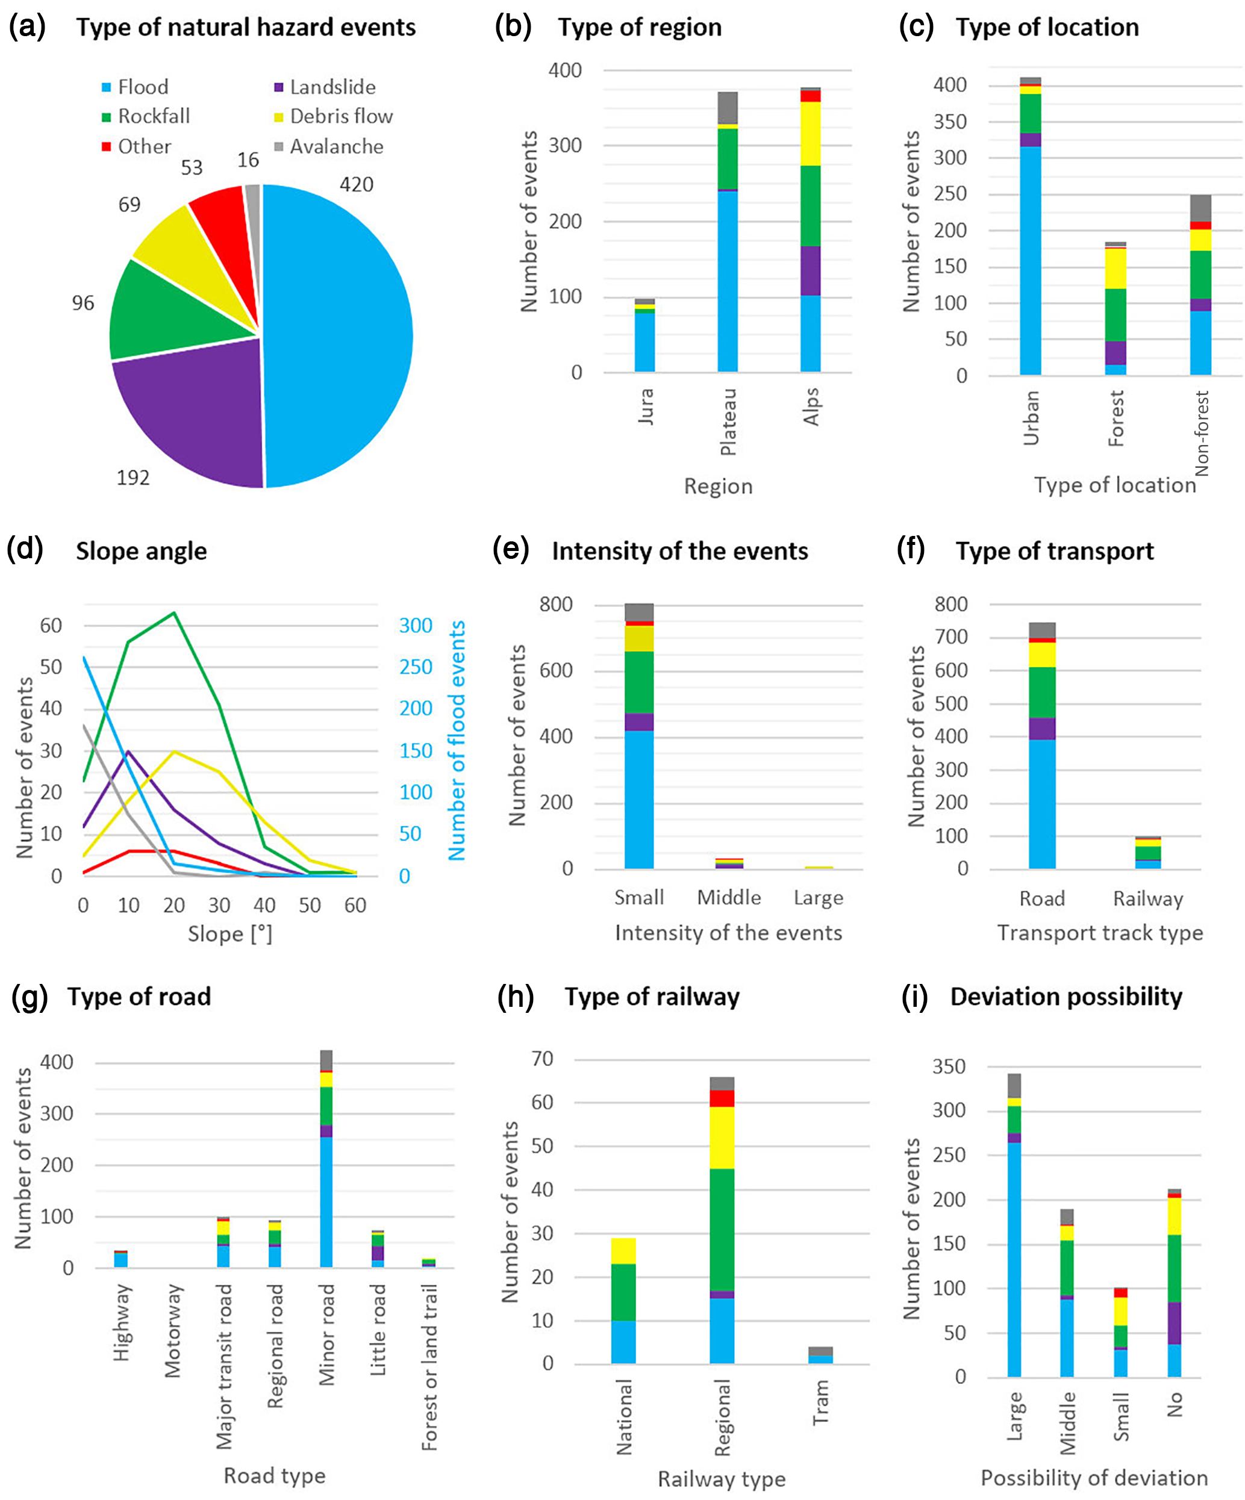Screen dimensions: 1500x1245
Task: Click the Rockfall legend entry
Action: coord(146,116)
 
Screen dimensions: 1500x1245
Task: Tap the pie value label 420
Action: coord(356,185)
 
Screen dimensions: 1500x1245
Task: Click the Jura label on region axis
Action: coord(645,406)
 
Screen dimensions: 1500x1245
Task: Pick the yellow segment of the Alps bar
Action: coord(810,134)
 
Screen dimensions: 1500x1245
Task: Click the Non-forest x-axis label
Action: coord(1202,433)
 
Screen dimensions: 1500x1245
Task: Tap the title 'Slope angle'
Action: coord(141,552)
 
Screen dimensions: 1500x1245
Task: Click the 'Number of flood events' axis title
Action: coord(457,740)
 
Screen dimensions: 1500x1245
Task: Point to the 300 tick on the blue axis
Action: coord(416,626)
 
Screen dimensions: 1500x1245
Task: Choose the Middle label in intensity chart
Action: coord(729,898)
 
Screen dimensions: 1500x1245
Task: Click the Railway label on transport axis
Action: coord(1148,898)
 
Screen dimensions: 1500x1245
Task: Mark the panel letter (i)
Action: coord(915,997)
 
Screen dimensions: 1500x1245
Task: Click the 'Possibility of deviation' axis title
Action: coord(1094,1478)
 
